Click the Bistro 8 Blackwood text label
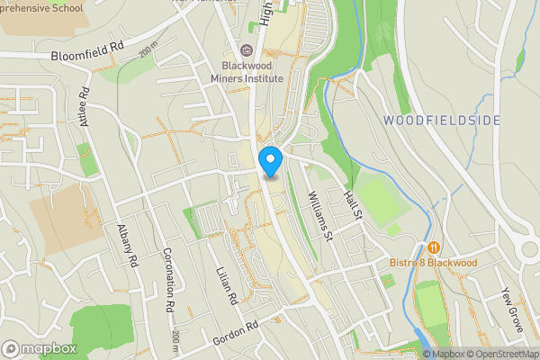click(433, 263)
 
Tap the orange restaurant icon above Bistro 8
click(434, 247)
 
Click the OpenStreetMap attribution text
click(499, 354)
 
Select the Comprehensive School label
click(40, 6)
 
